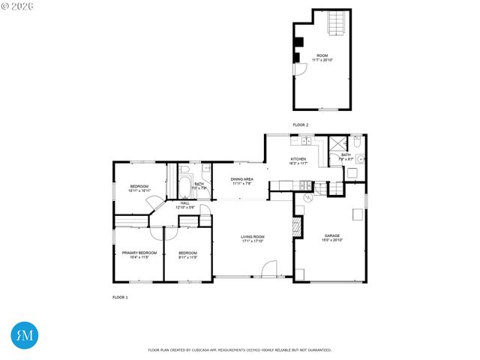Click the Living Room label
[253, 238]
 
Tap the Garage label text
[332, 237]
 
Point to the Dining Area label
[241, 181]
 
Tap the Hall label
[185, 205]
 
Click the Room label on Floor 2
[322, 57]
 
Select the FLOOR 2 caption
[300, 124]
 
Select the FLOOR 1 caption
[120, 298]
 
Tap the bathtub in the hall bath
[184, 185]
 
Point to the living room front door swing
[270, 268]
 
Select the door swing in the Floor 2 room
[299, 69]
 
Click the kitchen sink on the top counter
[306, 142]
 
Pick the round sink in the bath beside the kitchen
[360, 159]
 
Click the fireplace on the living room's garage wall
[297, 226]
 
